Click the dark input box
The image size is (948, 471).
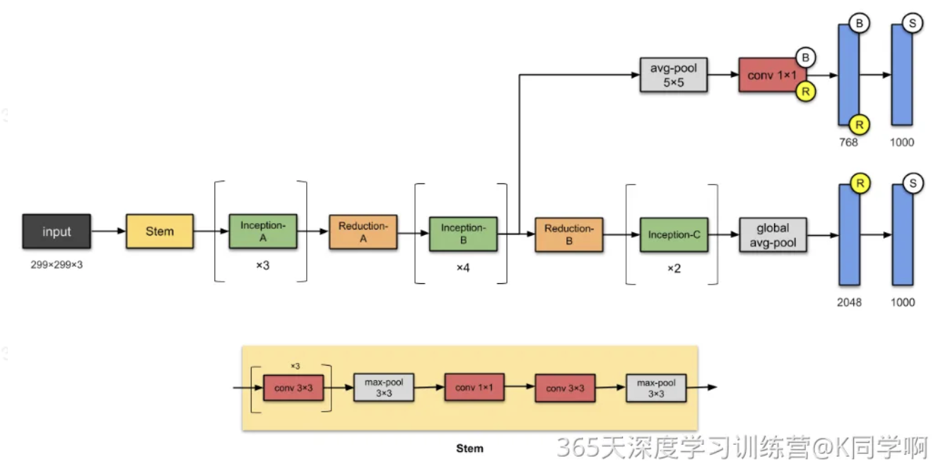tap(57, 232)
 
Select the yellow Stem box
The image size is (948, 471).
tap(160, 231)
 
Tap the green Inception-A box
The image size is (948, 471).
tap(263, 232)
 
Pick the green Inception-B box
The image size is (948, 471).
tap(463, 234)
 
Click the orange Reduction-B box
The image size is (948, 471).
tap(569, 234)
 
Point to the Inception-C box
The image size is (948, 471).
tap(674, 234)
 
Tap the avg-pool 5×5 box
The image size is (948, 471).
tap(673, 75)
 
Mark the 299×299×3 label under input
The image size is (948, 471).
tap(57, 265)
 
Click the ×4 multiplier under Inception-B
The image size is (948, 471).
tap(463, 268)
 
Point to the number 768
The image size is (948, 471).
tap(848, 143)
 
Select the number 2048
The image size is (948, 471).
tap(848, 303)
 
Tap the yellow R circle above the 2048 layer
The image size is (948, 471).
tap(860, 184)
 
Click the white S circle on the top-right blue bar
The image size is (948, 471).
tap(913, 23)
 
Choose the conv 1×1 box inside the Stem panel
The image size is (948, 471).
tap(474, 388)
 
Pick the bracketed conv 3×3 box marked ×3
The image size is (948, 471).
tap(293, 388)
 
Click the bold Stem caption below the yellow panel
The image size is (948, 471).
tap(470, 448)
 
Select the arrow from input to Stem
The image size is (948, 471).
tap(108, 231)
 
